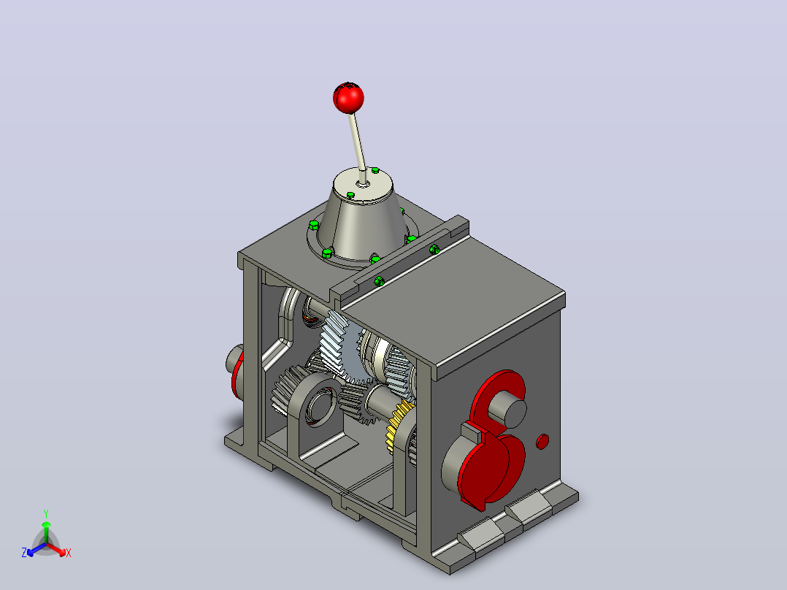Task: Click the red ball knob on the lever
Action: pos(348,98)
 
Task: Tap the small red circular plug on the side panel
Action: pos(542,441)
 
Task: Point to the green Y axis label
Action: pos(46,513)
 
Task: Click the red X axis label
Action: pos(69,553)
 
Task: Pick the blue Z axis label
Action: pos(23,553)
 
